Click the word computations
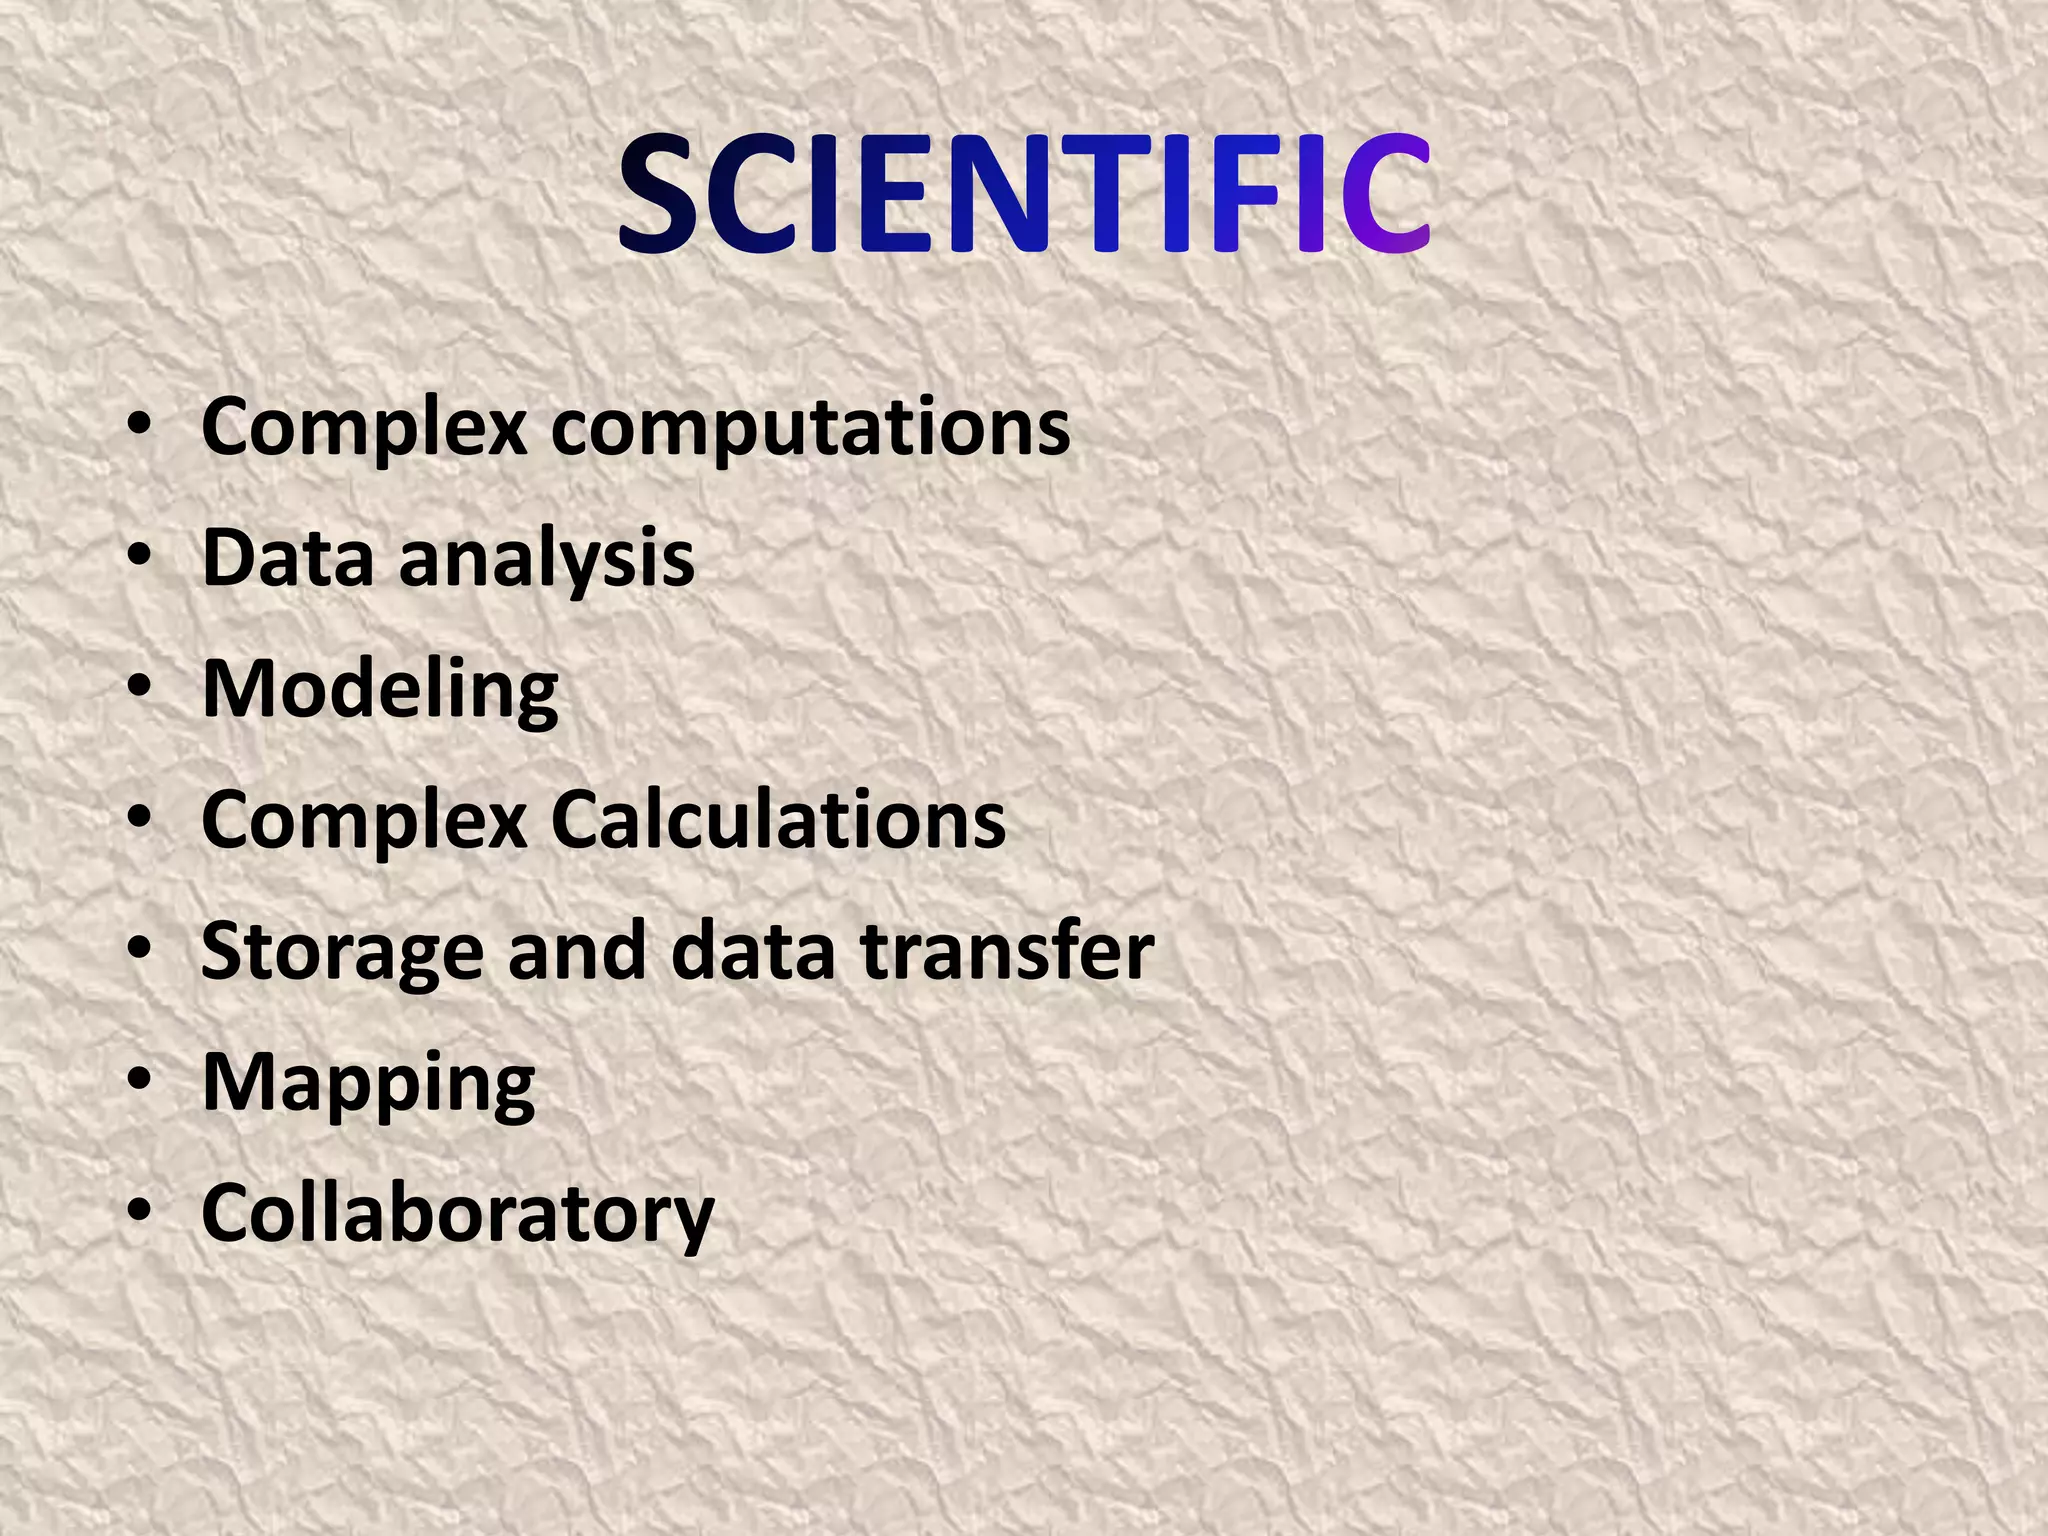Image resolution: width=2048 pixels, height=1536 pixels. [x=810, y=428]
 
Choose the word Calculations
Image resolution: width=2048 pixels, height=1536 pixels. [x=778, y=820]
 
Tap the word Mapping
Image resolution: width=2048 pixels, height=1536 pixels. [x=368, y=1084]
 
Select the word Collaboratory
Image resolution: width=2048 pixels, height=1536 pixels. [x=458, y=1214]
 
